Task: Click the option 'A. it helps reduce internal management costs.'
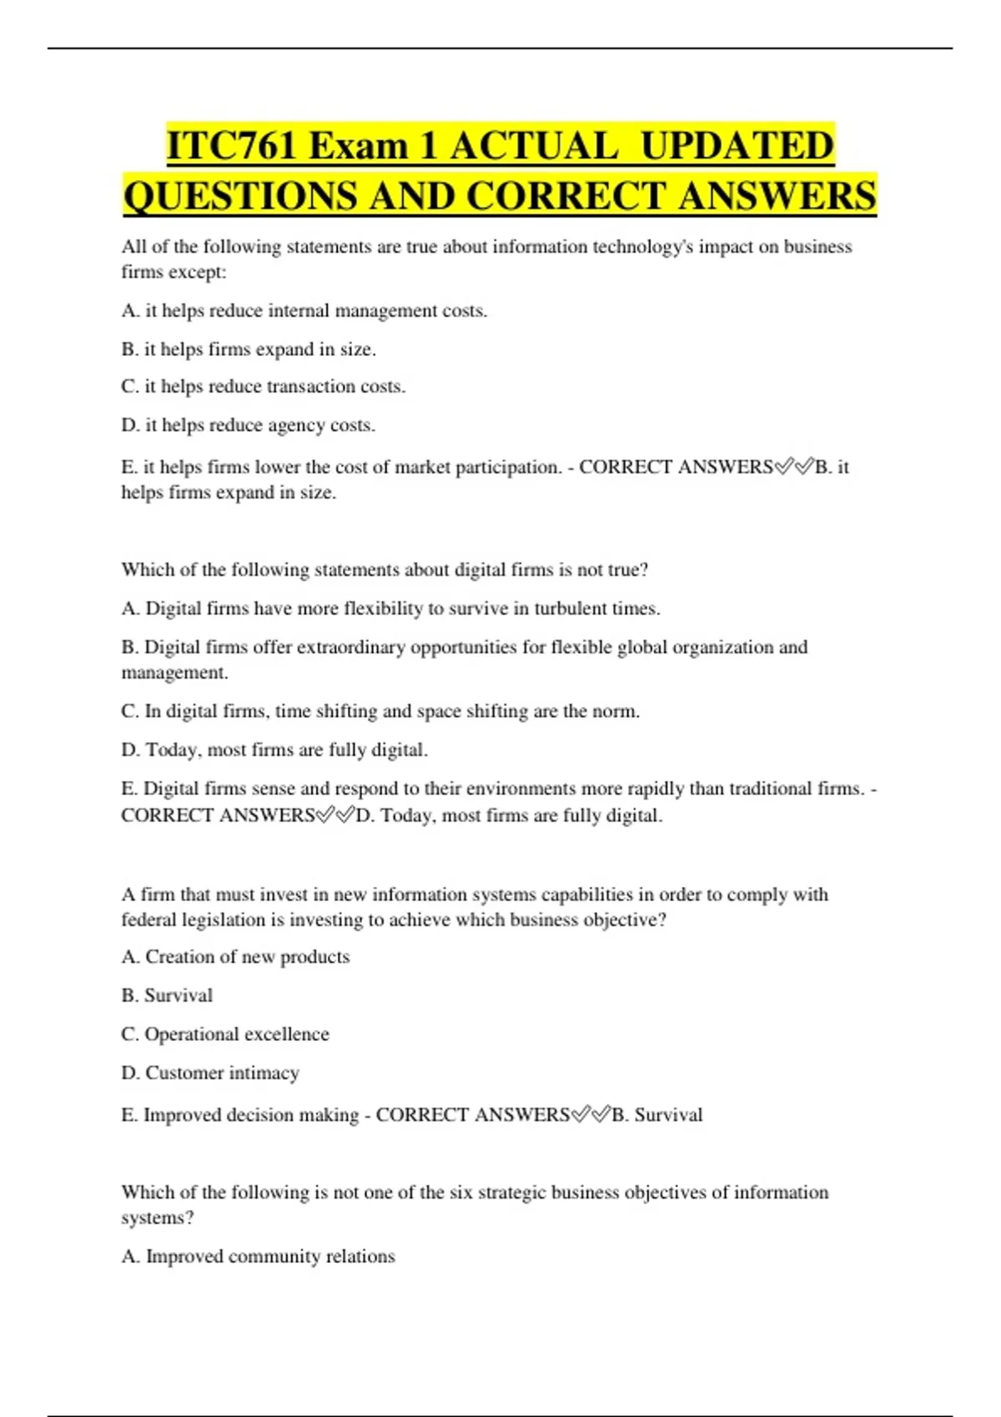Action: tap(304, 311)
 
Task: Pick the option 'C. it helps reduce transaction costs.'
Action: tap(264, 387)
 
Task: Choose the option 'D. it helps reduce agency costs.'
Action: tap(249, 425)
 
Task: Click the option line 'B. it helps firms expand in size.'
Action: tap(249, 349)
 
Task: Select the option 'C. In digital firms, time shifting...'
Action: tap(380, 712)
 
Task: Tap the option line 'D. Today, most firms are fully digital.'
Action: tap(274, 750)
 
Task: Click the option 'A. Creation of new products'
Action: tap(235, 957)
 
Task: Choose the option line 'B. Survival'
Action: tap(167, 995)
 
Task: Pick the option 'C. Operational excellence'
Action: tap(225, 1034)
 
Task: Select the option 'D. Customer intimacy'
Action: tap(210, 1073)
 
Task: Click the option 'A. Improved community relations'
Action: tap(259, 1256)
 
